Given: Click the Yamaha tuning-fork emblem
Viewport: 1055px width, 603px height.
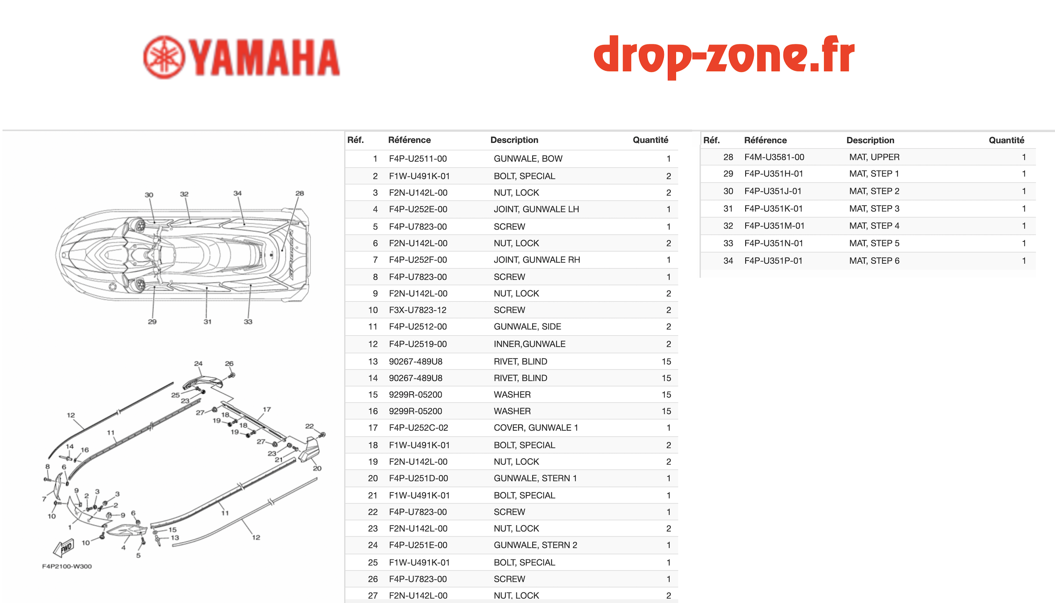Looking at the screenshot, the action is click(164, 57).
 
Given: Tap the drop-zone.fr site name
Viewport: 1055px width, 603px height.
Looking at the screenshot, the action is click(724, 56).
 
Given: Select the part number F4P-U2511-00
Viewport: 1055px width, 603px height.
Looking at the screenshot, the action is click(418, 159).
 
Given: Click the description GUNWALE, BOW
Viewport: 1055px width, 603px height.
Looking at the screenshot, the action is click(528, 159).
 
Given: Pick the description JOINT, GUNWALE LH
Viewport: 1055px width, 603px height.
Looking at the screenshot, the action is click(536, 209).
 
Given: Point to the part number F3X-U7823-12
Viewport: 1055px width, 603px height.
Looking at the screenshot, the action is click(418, 310).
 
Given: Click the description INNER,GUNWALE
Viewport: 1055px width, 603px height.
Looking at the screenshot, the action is click(529, 344).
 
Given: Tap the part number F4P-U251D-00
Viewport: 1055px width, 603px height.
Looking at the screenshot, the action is click(418, 478).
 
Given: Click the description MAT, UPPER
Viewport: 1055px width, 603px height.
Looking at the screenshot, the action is click(874, 157).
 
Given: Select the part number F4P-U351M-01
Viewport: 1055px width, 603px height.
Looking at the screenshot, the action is click(774, 226).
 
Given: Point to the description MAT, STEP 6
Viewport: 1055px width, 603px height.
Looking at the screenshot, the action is click(874, 260).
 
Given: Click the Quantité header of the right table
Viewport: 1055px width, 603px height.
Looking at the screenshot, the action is click(1006, 140).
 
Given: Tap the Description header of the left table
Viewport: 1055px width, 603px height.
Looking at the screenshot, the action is click(514, 140).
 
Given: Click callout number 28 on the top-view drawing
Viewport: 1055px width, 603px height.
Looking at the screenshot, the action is click(299, 193).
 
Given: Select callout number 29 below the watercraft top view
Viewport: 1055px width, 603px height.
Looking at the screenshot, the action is click(152, 322).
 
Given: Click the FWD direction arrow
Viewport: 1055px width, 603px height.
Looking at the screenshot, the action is click(64, 548).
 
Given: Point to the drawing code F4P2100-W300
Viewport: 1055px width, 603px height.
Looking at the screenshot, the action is click(67, 566).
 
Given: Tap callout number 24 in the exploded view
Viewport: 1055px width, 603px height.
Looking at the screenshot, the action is click(198, 363).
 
